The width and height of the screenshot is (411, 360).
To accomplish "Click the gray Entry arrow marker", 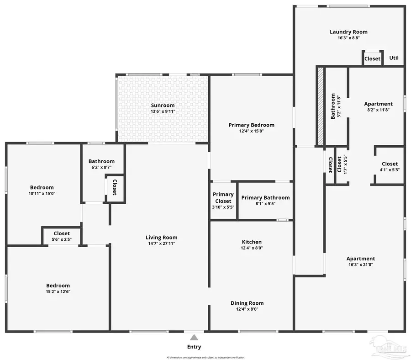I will pyautogui.click(x=194, y=337).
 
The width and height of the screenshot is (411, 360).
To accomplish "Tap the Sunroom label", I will pyautogui.click(x=163, y=106).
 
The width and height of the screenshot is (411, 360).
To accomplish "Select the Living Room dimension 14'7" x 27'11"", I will pyautogui.click(x=161, y=244).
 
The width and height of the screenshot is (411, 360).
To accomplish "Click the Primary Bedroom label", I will pyautogui.click(x=252, y=125).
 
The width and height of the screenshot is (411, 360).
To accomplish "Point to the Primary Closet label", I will pyautogui.click(x=223, y=198).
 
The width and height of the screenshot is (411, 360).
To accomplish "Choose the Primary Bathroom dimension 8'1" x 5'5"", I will pyautogui.click(x=265, y=204).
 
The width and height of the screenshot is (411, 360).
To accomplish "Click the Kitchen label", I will pyautogui.click(x=252, y=242).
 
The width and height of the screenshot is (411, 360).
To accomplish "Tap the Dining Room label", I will pyautogui.click(x=247, y=303).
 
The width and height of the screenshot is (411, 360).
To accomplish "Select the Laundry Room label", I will pyautogui.click(x=348, y=32).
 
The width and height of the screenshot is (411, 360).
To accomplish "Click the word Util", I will pyautogui.click(x=394, y=58).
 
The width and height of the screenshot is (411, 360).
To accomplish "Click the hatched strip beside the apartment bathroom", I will pyautogui.click(x=321, y=106).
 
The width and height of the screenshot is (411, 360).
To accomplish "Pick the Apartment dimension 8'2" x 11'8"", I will pyautogui.click(x=378, y=110).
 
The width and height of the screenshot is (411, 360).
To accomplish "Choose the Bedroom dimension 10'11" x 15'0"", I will pyautogui.click(x=42, y=193).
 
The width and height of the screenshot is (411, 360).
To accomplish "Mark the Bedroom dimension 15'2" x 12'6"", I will pyautogui.click(x=58, y=291).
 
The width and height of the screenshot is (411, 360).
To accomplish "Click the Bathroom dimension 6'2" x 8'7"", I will pyautogui.click(x=101, y=167).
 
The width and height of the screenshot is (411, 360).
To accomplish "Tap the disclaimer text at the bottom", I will pyautogui.click(x=205, y=357).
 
